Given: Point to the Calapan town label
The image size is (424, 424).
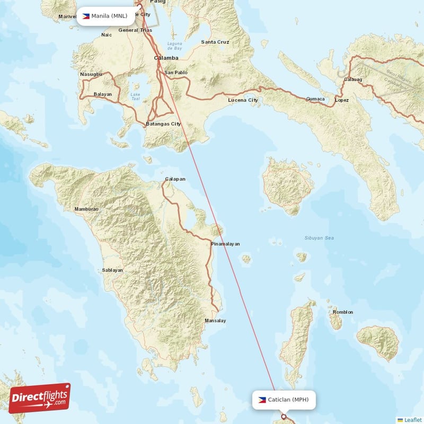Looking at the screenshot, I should pyautogui.click(x=175, y=179).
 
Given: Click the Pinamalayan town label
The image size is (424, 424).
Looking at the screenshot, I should pyautogui.click(x=225, y=244).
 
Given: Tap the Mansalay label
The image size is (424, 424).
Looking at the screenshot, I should pyautogui.click(x=215, y=321).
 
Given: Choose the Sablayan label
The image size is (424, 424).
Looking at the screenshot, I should pyautogui.click(x=112, y=270).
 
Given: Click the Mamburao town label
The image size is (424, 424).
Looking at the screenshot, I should pyautogui.click(x=86, y=209).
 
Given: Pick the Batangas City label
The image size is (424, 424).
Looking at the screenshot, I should pyautogui.click(x=163, y=124).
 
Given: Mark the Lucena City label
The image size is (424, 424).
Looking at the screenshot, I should pyautogui.click(x=243, y=100).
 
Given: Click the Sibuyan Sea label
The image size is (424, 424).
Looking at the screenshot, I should pyautogui.click(x=319, y=238).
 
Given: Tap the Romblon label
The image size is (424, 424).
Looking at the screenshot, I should pyautogui.click(x=342, y=312).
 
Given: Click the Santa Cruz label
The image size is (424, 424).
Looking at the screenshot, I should pyautogui.click(x=215, y=42).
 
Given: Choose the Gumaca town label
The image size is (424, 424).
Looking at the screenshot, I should pyautogui.click(x=315, y=99).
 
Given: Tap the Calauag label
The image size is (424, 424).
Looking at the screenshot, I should pyautogui.click(x=353, y=79).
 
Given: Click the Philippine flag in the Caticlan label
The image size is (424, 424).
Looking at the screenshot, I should pyautogui.click(x=262, y=400).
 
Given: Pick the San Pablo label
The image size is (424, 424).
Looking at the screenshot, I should pyautogui.click(x=176, y=72).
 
